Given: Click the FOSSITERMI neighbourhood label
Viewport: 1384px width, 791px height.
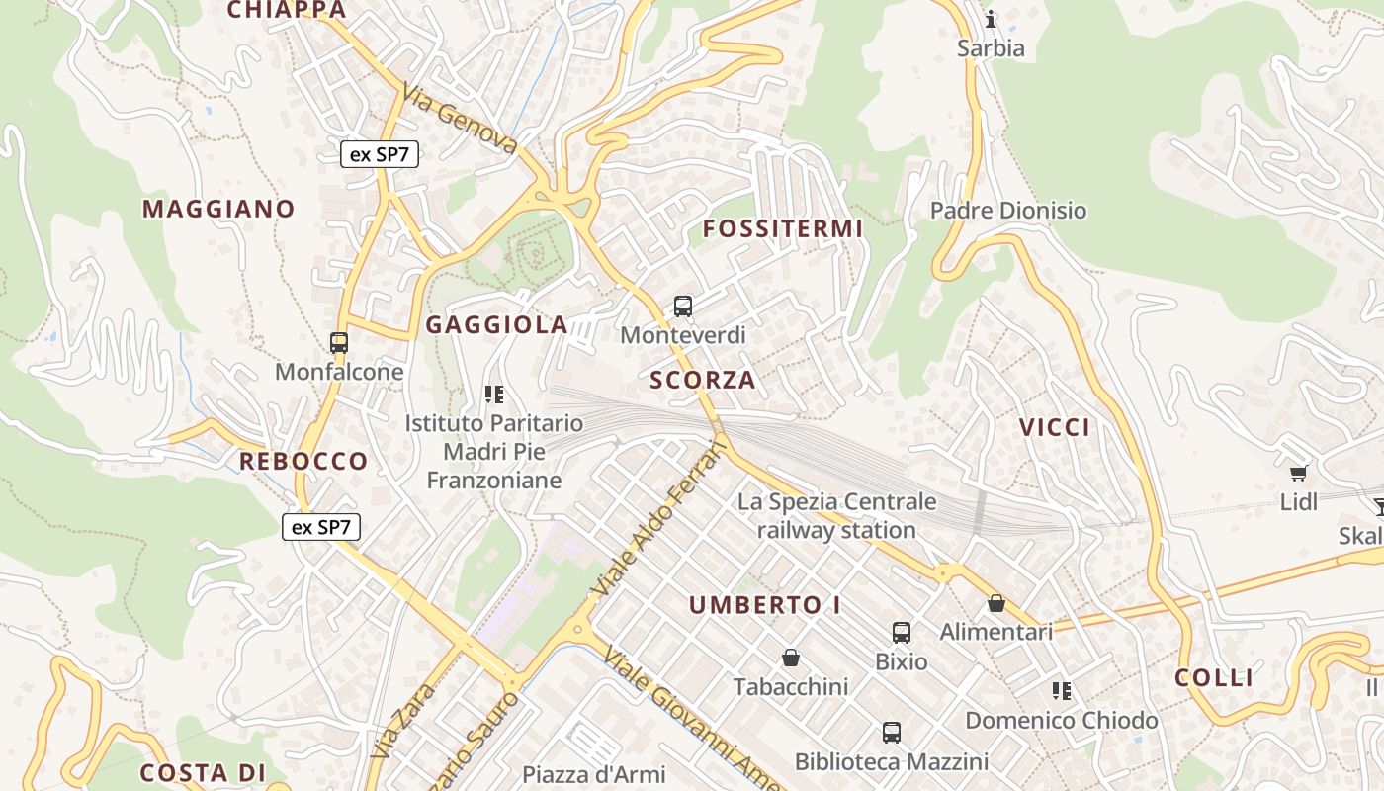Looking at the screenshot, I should click(x=782, y=229).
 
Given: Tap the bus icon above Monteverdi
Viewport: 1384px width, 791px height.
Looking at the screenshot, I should click(x=683, y=307).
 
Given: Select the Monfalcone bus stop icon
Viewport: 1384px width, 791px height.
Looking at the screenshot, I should click(x=339, y=343).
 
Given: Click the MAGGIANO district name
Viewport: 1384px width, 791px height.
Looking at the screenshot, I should click(x=218, y=209).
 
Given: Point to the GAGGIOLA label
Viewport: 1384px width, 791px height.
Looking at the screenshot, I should click(x=496, y=325).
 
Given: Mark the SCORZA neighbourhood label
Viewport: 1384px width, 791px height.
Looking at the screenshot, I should click(x=702, y=380).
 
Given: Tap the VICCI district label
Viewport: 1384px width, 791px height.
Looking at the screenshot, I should click(x=1055, y=428).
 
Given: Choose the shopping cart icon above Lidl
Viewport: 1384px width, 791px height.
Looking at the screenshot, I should click(x=1298, y=473).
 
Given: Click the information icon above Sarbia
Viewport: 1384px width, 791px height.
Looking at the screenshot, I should click(x=991, y=19).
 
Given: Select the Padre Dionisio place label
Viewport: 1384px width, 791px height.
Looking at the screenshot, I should click(x=1008, y=211).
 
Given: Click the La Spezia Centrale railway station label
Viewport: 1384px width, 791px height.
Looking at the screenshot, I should click(x=836, y=516).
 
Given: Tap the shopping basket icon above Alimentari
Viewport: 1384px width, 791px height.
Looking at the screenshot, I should click(x=996, y=603).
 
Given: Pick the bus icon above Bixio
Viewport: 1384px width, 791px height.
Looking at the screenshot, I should click(x=901, y=633).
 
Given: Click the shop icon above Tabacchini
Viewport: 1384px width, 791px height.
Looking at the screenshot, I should click(x=791, y=658).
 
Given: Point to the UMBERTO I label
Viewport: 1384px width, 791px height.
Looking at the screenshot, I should click(x=764, y=605).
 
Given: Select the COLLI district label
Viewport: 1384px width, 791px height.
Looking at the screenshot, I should click(x=1214, y=678).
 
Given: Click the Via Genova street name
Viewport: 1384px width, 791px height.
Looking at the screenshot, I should click(x=459, y=119).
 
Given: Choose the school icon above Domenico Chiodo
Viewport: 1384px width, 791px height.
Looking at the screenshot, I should click(x=1062, y=691).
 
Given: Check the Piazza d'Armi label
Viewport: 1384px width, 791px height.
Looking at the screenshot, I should click(x=594, y=774).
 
